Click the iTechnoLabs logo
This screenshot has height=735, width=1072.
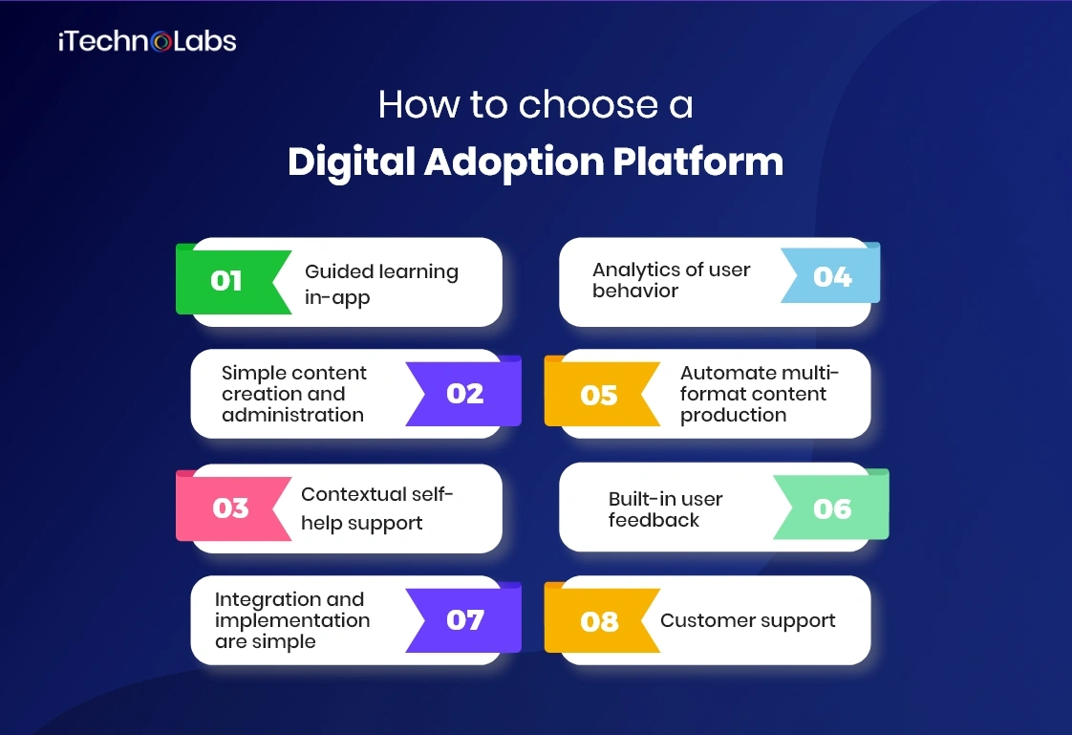coord(147,41)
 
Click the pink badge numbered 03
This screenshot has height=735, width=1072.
coord(230,508)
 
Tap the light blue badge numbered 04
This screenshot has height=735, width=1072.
coord(832,277)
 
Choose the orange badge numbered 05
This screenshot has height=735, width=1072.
coord(599,395)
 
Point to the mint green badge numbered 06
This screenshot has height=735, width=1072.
coord(832,508)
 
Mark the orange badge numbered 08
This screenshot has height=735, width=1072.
coord(599,622)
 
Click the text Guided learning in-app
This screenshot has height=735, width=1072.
coord(381,284)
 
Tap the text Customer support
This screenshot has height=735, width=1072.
coord(748,620)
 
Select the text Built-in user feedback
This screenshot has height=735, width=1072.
coord(665,509)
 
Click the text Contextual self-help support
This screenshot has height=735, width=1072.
coord(376,508)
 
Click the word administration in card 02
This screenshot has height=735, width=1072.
coord(292,415)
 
